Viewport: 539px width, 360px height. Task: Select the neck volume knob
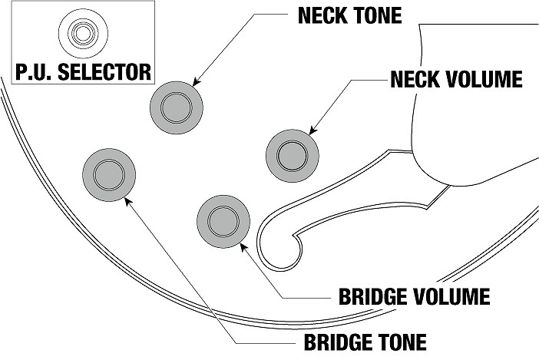click(x=292, y=155)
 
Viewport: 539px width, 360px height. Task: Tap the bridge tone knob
click(x=108, y=175)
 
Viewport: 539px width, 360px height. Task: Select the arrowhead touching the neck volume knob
click(x=312, y=133)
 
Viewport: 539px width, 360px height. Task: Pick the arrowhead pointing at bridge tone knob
click(x=127, y=201)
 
